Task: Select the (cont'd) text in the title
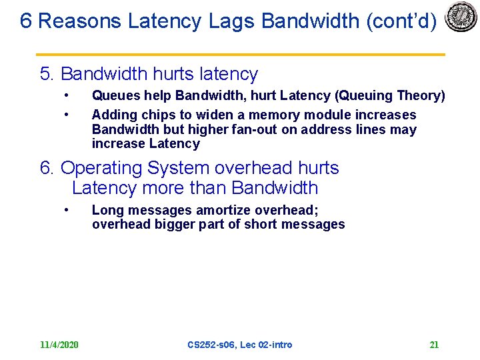(x=401, y=21)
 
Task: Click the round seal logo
(x=461, y=17)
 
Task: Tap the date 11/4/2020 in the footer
(x=59, y=345)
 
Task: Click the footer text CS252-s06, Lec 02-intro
(x=240, y=345)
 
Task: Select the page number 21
(x=434, y=345)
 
